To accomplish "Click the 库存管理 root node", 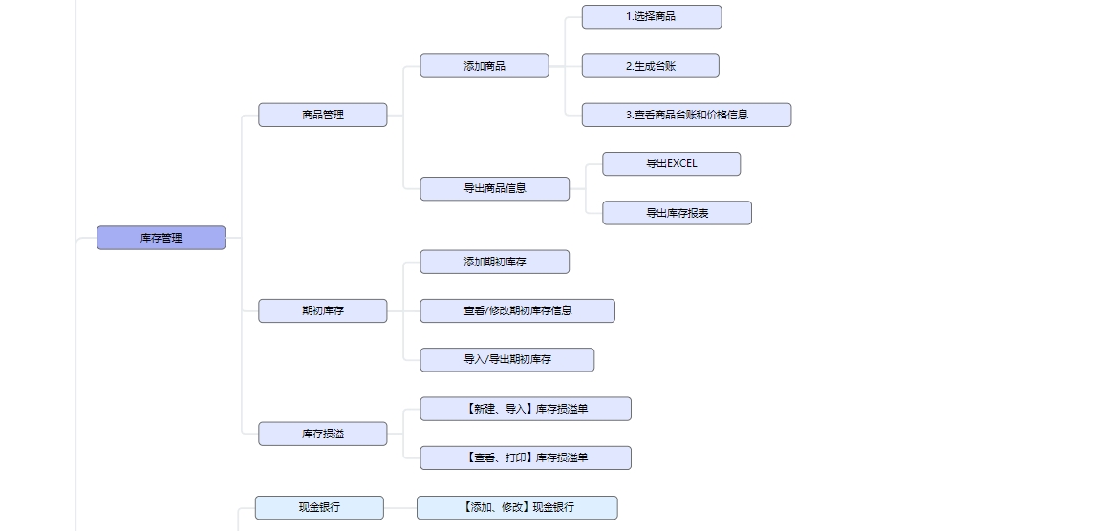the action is click(x=161, y=238).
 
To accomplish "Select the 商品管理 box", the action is click(x=323, y=115).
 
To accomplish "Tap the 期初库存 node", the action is click(x=323, y=310).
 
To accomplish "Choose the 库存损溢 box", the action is click(x=323, y=434).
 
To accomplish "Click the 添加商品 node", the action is click(x=485, y=66).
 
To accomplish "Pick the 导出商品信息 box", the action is click(x=495, y=188).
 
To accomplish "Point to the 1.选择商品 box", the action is click(x=652, y=16).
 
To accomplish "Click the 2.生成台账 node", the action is click(x=651, y=66).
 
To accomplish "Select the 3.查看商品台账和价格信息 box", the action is click(x=686, y=115).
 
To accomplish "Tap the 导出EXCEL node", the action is click(x=672, y=163).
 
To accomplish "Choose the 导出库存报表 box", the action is click(x=678, y=213).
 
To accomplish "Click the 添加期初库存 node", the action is click(x=495, y=262).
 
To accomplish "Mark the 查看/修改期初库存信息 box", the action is click(x=518, y=310).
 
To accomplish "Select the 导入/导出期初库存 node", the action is click(x=507, y=360).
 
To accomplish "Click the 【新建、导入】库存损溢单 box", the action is click(x=526, y=409).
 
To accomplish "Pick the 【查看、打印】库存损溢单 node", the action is click(x=526, y=457).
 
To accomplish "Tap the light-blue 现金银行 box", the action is click(x=319, y=507).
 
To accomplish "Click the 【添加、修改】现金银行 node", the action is click(x=517, y=507).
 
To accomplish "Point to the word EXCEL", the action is click(x=681, y=163).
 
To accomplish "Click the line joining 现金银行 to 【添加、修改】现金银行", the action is click(x=400, y=507).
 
